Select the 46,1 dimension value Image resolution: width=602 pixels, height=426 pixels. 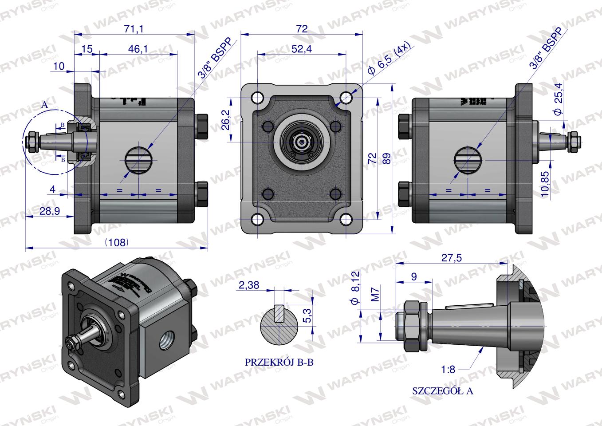coord(138,49)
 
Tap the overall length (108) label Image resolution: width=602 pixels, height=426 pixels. coord(117,242)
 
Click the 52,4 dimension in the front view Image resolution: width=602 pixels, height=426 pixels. coord(301,49)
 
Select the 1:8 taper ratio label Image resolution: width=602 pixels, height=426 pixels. coord(449,370)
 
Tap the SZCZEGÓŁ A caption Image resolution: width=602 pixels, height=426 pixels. coord(442,391)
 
